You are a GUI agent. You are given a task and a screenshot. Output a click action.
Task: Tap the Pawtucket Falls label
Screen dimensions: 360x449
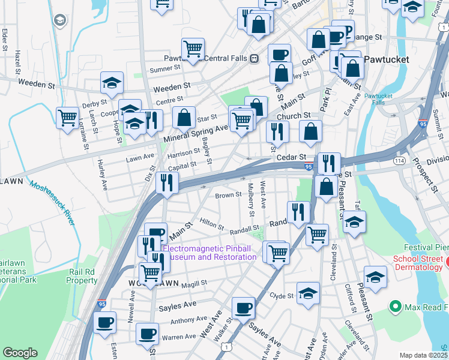pyautogui.click(x=378, y=99)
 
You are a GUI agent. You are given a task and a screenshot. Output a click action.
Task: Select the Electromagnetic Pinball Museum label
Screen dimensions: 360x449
pyautogui.click(x=210, y=253)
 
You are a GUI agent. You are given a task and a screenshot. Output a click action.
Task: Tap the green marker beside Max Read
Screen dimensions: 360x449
pyautogui.click(x=395, y=307)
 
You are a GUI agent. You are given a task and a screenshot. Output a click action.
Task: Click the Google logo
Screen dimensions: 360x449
pyautogui.click(x=20, y=353)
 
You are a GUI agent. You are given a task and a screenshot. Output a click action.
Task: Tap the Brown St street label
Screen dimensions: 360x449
pyautogui.click(x=228, y=196)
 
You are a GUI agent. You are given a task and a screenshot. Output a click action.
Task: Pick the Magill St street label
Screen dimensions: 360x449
pyautogui.click(x=191, y=282)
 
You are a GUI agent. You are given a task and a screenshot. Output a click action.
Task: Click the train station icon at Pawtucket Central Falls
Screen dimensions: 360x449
pyautogui.click(x=255, y=58)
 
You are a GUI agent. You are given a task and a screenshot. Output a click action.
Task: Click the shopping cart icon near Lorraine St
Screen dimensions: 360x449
pyautogui.click(x=67, y=116)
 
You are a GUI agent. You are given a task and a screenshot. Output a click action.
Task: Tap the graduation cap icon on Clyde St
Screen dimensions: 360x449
pyautogui.click(x=308, y=293)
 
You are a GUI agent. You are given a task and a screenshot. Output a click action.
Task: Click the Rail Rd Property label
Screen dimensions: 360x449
pyautogui.click(x=81, y=276)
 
